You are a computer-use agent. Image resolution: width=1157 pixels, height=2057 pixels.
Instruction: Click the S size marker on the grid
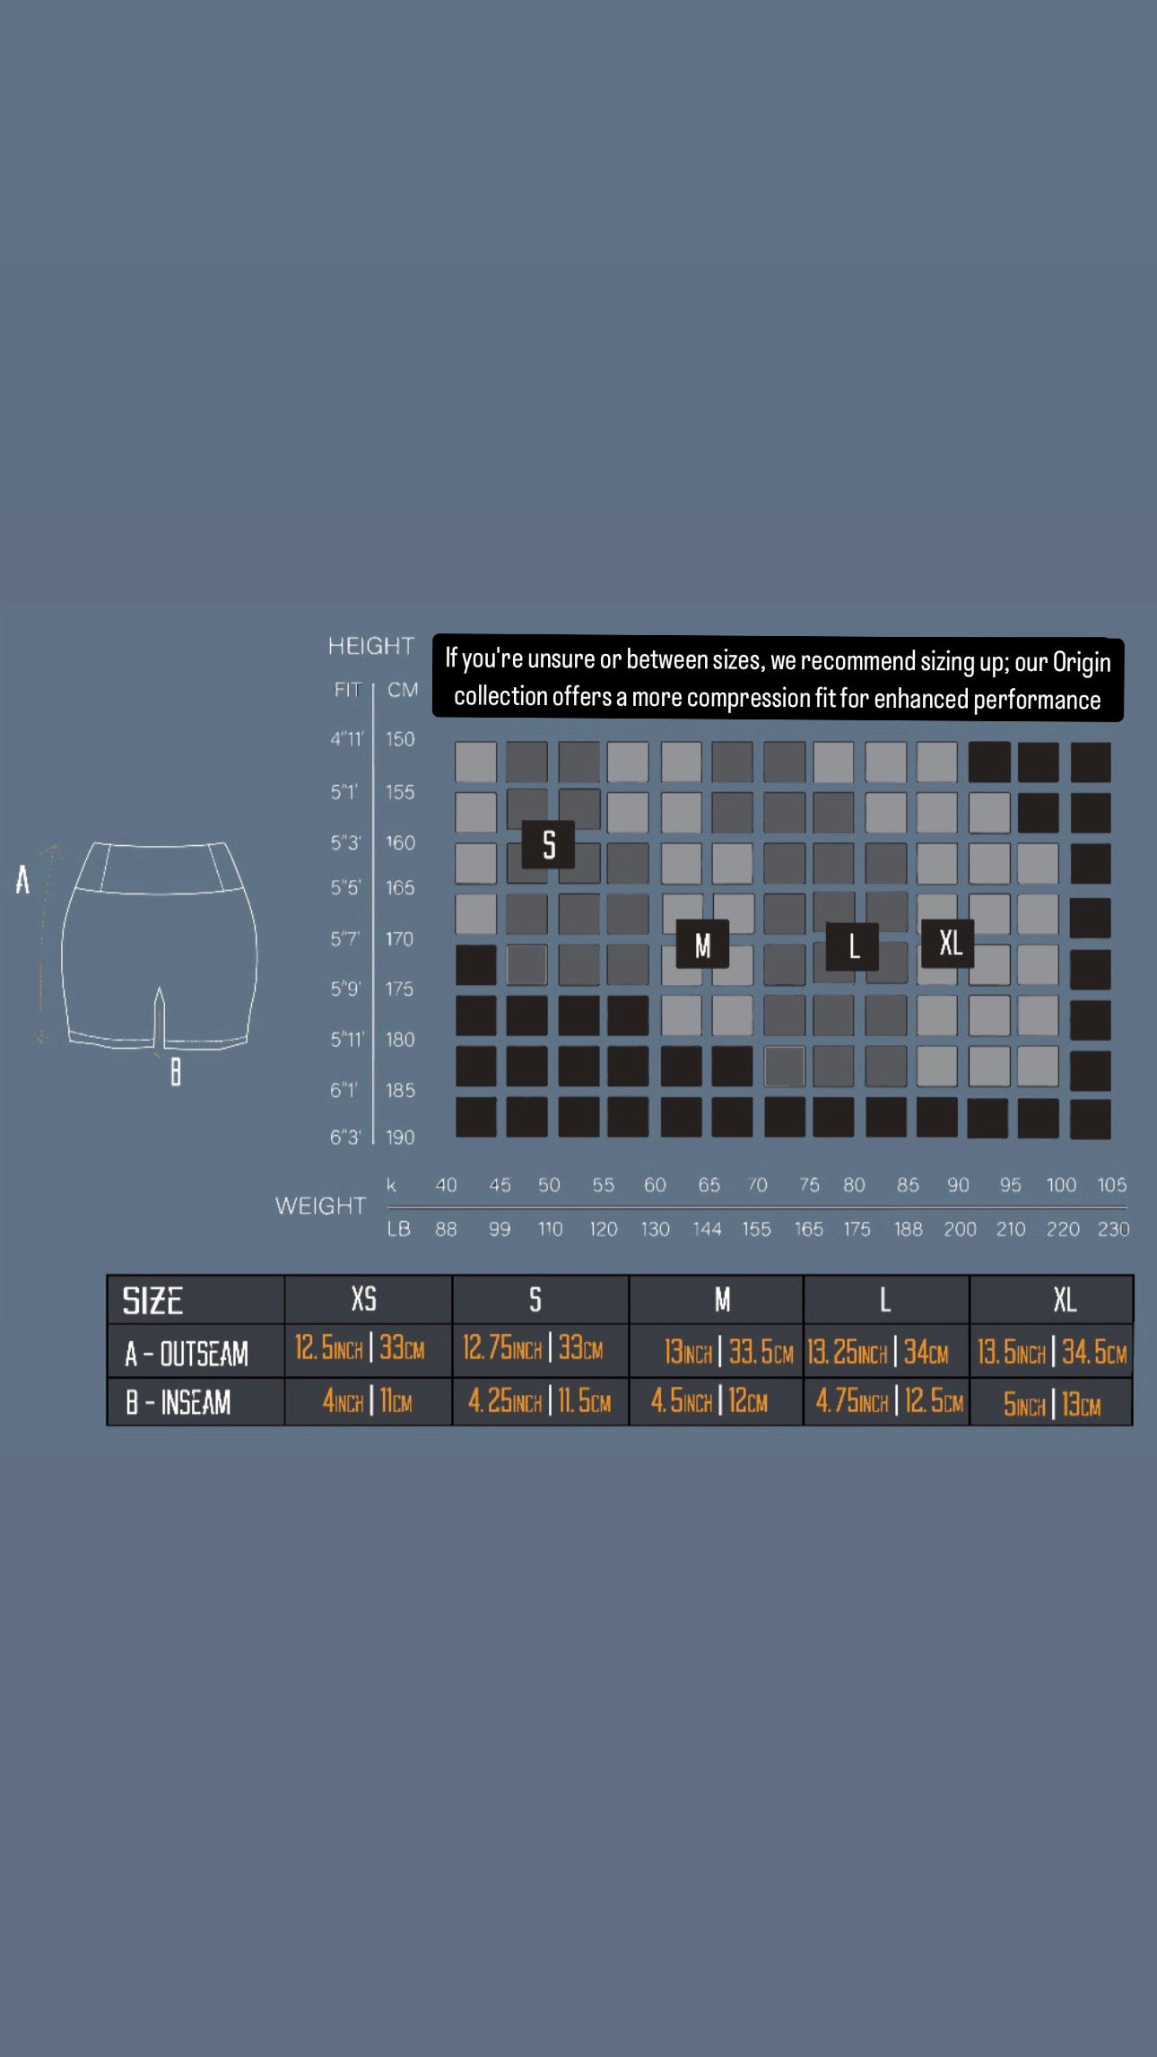(x=548, y=844)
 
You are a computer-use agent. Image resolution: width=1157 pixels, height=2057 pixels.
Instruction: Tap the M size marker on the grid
(x=702, y=944)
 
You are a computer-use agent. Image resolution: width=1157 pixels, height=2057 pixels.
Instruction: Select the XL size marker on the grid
(x=949, y=943)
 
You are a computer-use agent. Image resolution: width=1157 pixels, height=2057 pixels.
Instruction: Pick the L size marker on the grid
(x=853, y=946)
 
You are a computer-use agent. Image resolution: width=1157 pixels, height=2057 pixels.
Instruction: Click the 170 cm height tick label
(x=400, y=939)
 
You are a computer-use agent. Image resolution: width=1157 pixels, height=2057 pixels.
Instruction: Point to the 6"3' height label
(x=345, y=1137)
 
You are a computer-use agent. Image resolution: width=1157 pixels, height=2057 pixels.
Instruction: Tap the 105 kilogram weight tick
(x=1112, y=1185)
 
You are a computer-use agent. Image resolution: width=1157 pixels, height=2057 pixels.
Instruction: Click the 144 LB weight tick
(x=707, y=1229)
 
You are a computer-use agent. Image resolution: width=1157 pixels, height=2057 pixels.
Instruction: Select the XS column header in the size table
(x=364, y=1299)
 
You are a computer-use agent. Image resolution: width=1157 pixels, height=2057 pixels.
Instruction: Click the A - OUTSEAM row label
(x=187, y=1354)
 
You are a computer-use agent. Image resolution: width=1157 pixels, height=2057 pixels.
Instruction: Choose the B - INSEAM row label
(x=178, y=1402)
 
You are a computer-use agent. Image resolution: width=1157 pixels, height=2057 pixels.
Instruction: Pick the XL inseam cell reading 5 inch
(x=1051, y=1404)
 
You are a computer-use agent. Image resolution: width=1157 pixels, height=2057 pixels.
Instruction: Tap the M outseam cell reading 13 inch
(x=728, y=1352)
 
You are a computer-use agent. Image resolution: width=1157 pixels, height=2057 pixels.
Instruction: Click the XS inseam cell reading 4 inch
(x=367, y=1400)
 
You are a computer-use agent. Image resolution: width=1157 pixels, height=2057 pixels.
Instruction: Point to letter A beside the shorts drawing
(x=22, y=880)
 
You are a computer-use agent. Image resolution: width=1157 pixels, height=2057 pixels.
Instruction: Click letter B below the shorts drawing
(x=176, y=1071)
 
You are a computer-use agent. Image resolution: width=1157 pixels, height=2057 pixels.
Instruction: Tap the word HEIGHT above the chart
(x=371, y=646)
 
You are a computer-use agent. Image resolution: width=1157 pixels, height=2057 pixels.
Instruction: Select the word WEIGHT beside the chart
(x=321, y=1206)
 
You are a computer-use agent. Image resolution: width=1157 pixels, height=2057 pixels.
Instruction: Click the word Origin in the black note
(x=1082, y=663)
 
